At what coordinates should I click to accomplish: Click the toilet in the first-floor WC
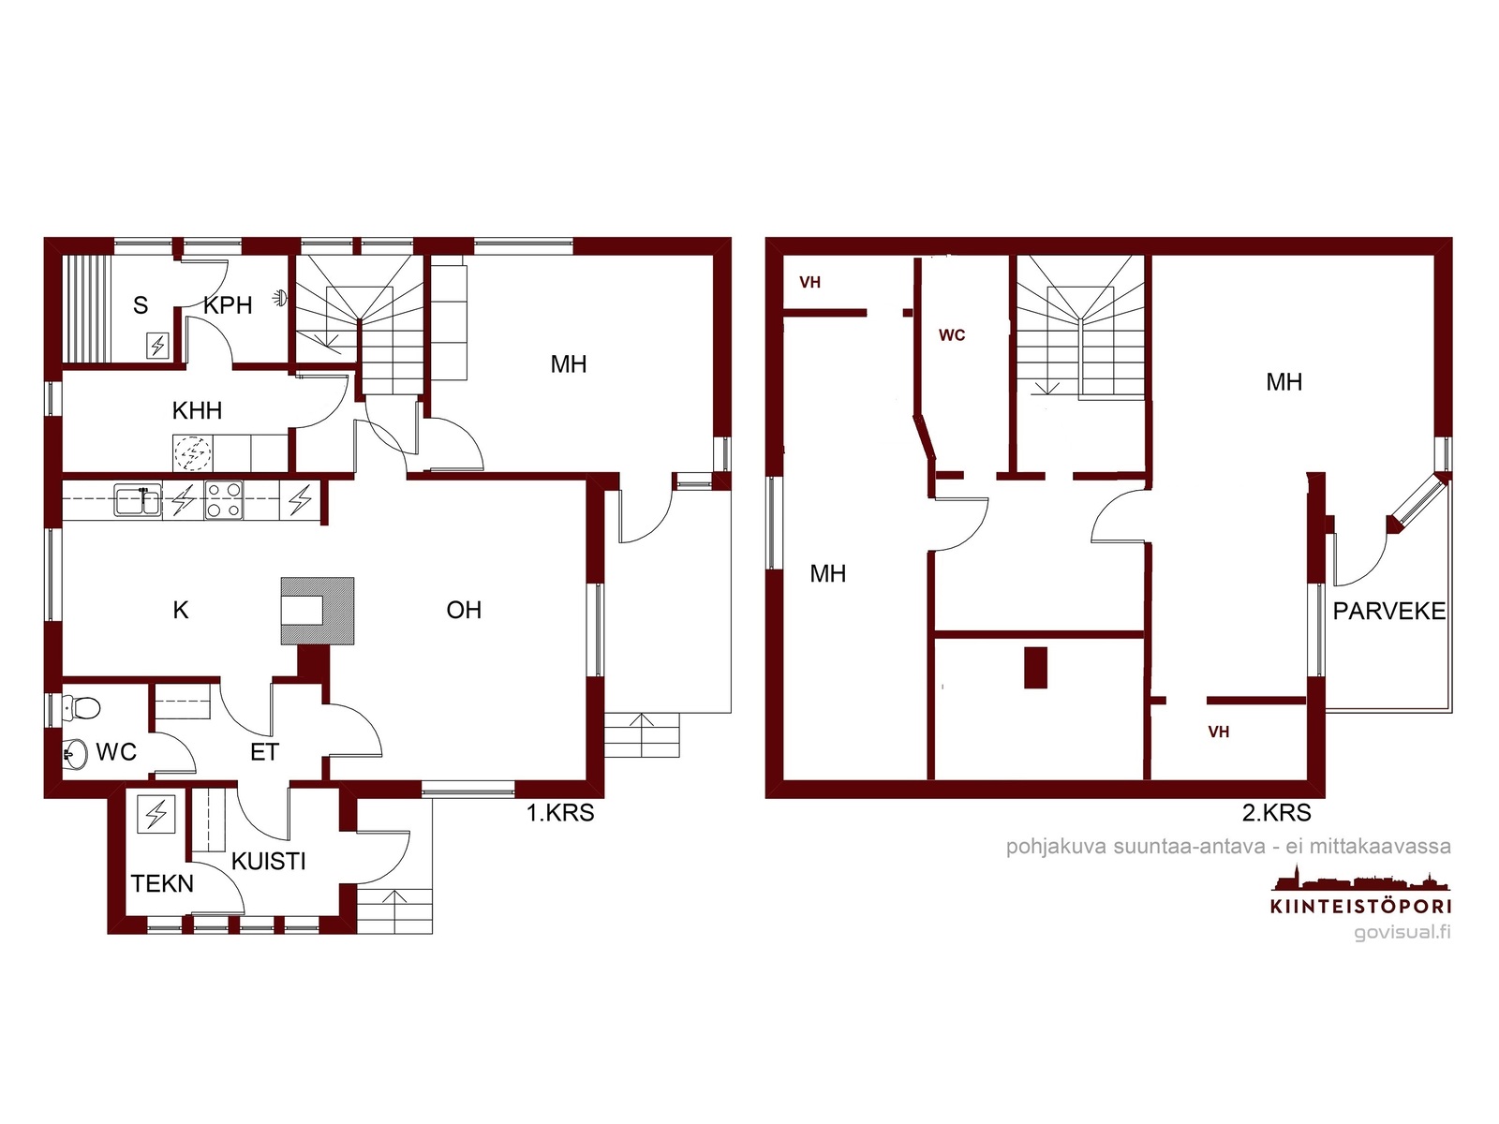(x=82, y=707)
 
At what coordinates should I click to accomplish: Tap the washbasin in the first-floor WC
(x=74, y=754)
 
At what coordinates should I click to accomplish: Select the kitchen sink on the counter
(x=138, y=499)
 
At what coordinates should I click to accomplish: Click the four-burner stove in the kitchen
(x=224, y=500)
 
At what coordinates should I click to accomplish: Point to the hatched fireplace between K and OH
(x=318, y=611)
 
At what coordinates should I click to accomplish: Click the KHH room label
(x=197, y=411)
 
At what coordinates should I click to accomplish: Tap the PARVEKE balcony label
(x=1389, y=611)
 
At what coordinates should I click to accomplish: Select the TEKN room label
(x=162, y=884)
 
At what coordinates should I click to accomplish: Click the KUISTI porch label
(x=268, y=861)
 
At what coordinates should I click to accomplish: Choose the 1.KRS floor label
(x=560, y=813)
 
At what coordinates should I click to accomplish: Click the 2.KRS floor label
(x=1276, y=813)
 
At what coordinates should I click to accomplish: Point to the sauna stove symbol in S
(x=157, y=346)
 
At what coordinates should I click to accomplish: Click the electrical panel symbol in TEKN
(x=156, y=813)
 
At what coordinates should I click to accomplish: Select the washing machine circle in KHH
(x=193, y=452)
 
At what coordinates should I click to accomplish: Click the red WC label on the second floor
(x=952, y=335)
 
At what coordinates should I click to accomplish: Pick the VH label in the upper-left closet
(x=810, y=283)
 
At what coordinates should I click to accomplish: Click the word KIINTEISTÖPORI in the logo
(x=1361, y=907)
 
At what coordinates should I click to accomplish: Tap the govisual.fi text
(x=1403, y=932)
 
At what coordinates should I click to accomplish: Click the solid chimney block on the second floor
(x=1036, y=668)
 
